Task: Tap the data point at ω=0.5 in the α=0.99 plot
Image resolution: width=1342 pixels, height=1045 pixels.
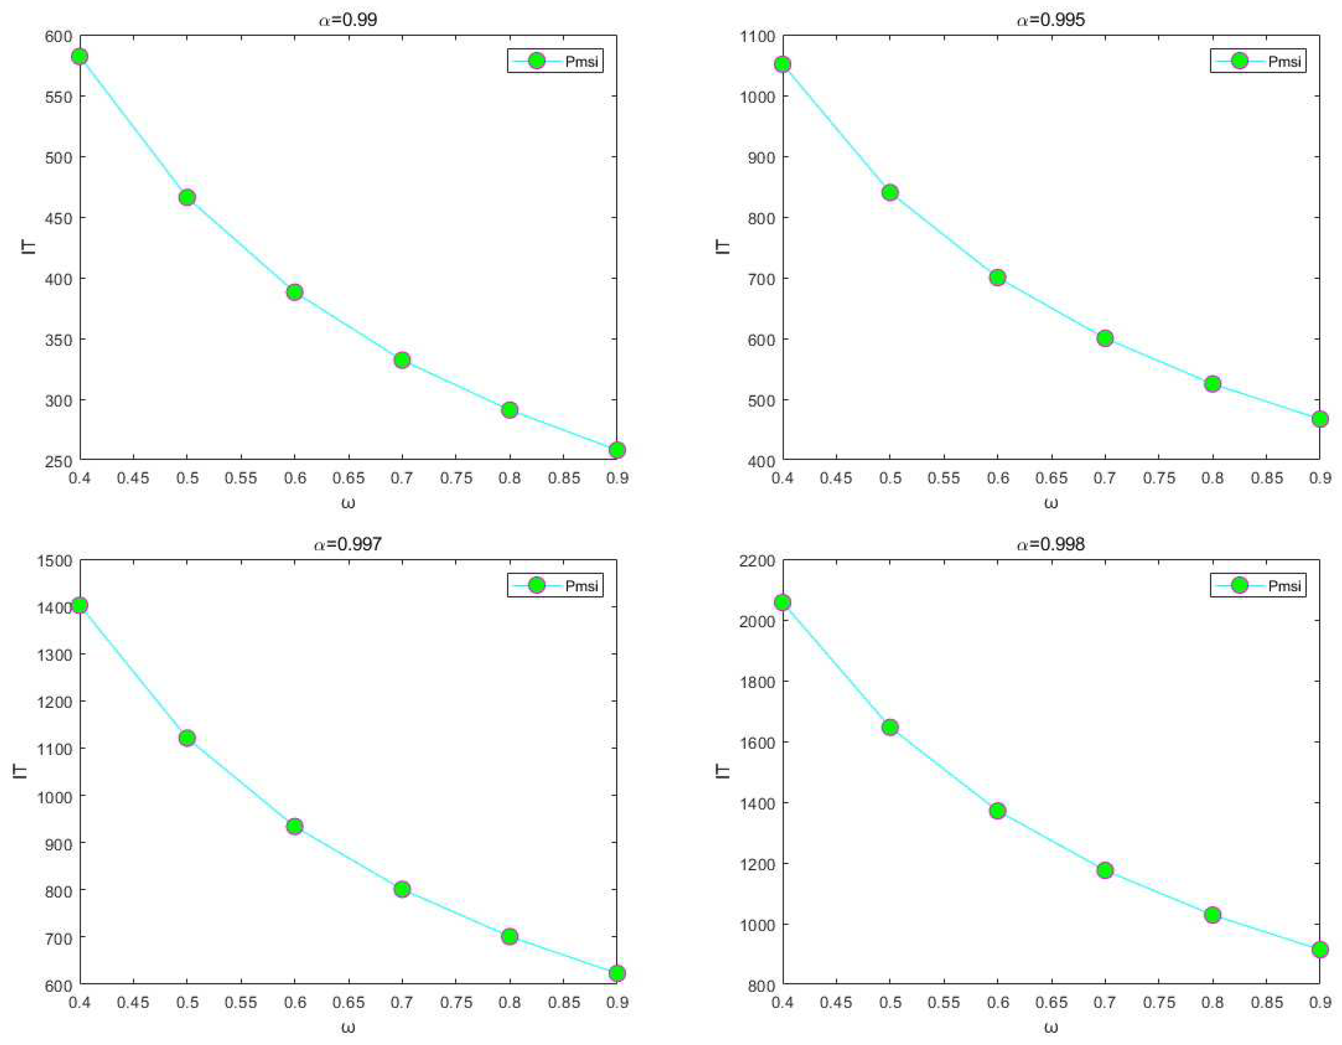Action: tap(187, 197)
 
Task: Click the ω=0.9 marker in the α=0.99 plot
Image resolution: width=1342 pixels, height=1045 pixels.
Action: tap(617, 450)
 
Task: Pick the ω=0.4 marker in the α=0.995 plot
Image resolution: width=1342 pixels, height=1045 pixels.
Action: tap(782, 64)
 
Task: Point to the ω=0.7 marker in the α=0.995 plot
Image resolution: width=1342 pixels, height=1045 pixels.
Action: tap(1105, 338)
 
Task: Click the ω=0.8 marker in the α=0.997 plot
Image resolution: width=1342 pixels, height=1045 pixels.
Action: tap(509, 937)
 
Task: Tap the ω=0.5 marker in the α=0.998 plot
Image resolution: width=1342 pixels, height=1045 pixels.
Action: tap(890, 727)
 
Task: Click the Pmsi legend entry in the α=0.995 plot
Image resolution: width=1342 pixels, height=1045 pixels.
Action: tap(1257, 61)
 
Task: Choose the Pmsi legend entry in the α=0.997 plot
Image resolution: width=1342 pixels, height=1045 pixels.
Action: tap(554, 585)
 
